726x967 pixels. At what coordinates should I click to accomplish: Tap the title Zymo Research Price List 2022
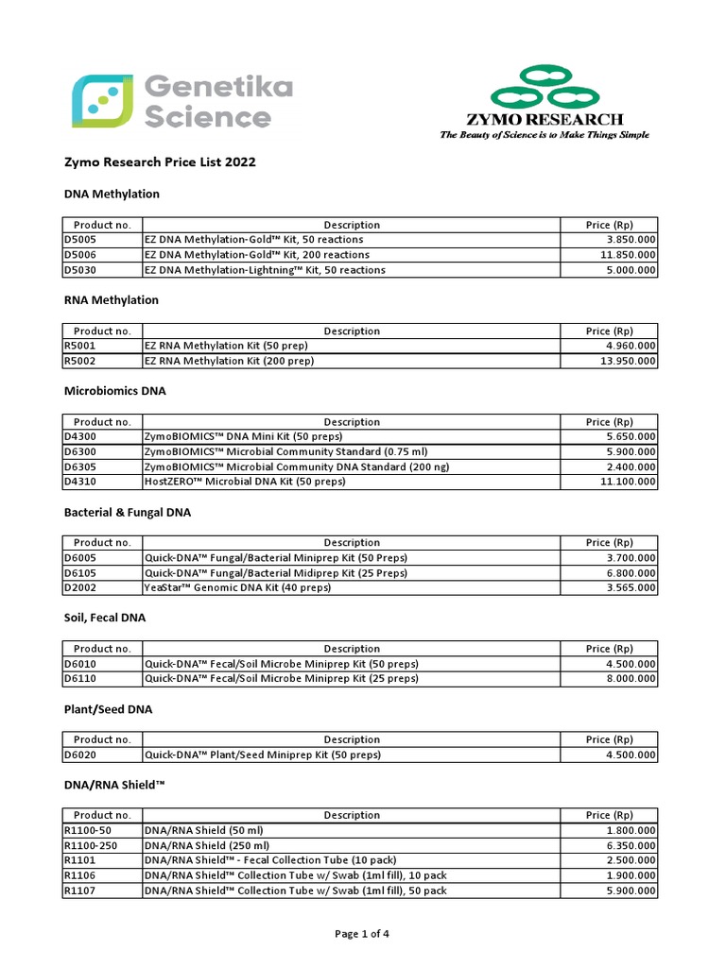pos(159,162)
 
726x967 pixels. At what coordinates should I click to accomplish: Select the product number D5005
pos(79,240)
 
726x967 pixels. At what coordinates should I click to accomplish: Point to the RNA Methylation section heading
pos(111,300)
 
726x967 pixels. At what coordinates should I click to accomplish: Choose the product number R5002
pos(79,361)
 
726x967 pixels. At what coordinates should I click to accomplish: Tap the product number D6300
pos(79,451)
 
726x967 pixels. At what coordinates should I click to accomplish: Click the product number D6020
pos(79,755)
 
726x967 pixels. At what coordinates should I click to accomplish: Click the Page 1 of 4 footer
pos(362,934)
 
